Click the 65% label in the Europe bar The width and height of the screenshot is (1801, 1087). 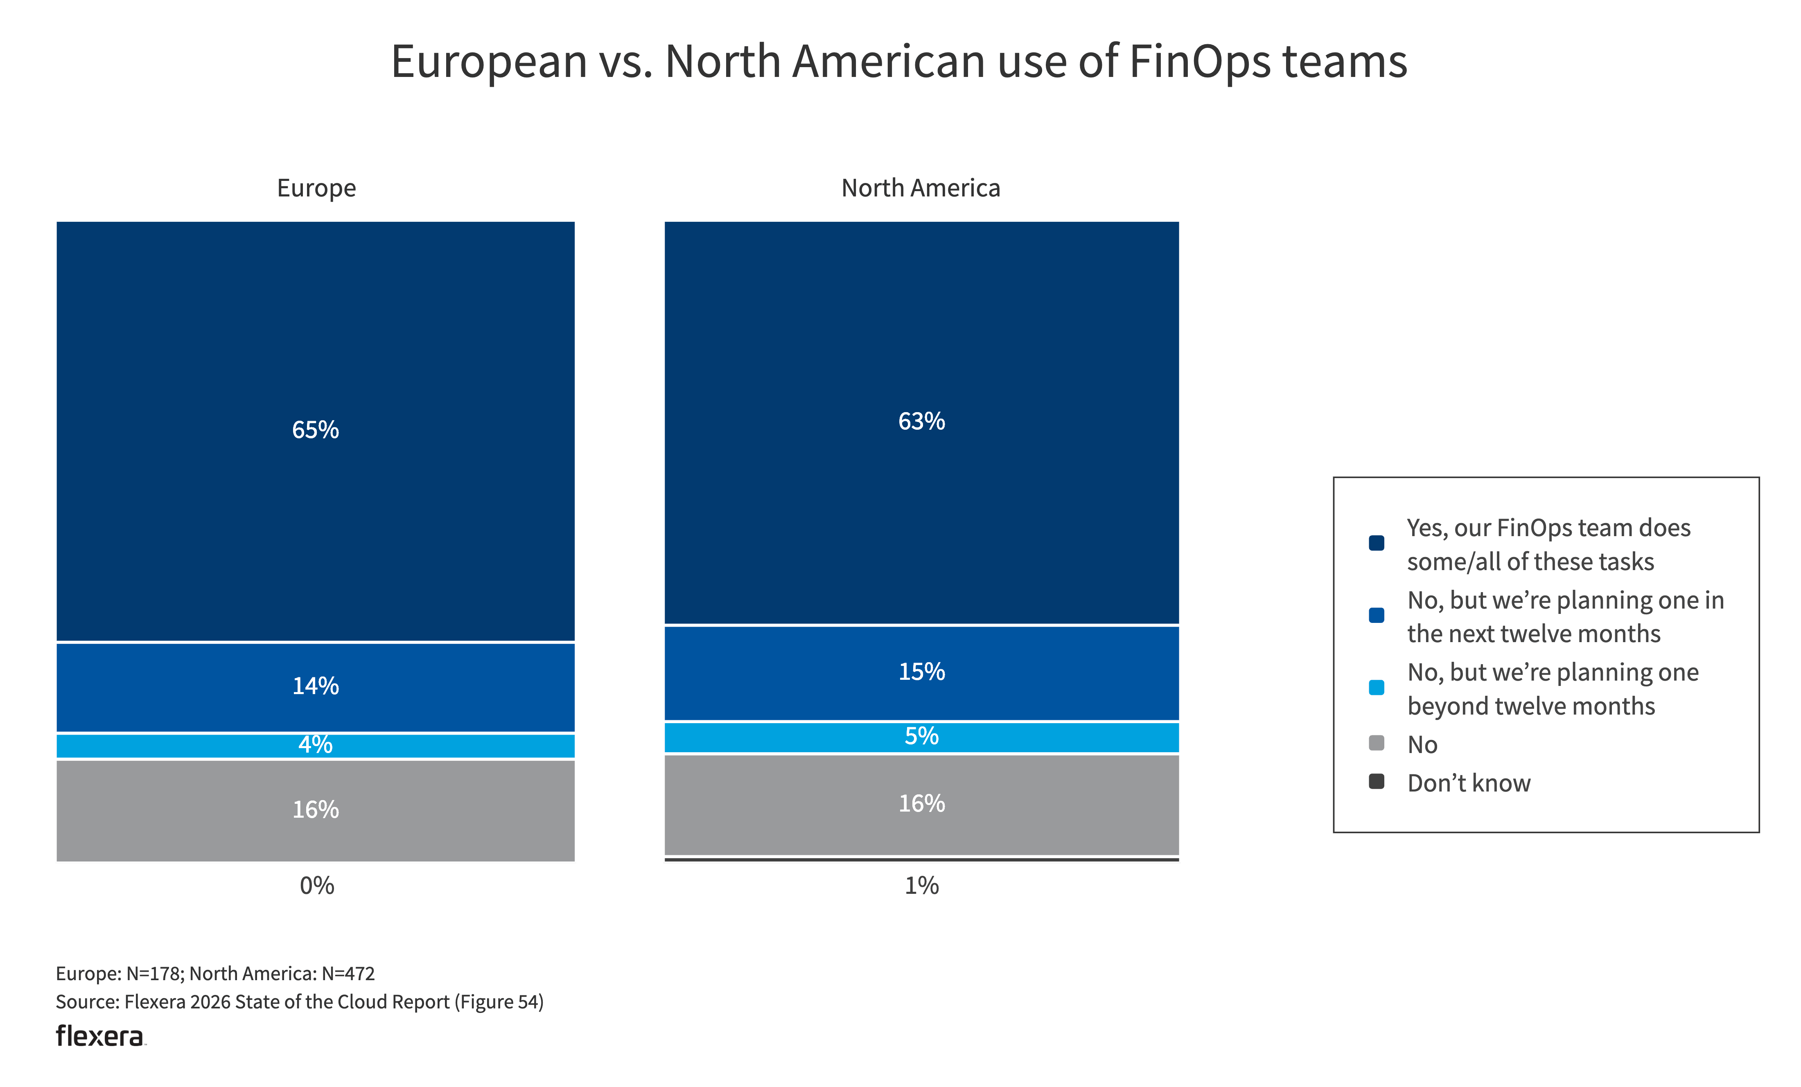315,430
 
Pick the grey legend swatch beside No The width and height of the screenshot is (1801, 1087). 1376,744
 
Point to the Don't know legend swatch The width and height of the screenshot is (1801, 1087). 1376,781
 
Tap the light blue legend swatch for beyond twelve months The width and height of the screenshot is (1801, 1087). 1376,687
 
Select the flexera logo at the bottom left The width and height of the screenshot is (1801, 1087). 100,1036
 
